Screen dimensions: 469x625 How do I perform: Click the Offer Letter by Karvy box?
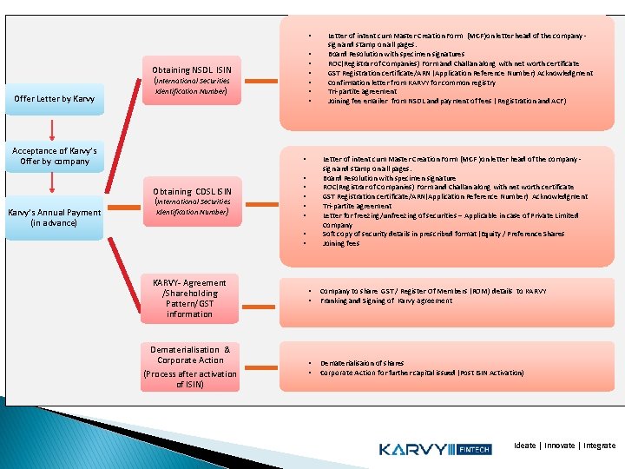pyautogui.click(x=55, y=98)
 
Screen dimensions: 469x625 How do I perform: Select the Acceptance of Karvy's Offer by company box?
pyautogui.click(x=54, y=156)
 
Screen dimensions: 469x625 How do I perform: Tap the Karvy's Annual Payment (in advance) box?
pyautogui.click(x=54, y=217)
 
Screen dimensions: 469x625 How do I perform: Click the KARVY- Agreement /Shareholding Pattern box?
pyautogui.click(x=189, y=298)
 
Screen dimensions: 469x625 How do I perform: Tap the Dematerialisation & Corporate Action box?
pyautogui.click(x=189, y=367)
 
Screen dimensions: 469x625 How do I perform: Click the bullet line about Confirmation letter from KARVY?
pyautogui.click(x=411, y=83)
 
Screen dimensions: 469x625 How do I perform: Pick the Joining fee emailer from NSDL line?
pyautogui.click(x=446, y=101)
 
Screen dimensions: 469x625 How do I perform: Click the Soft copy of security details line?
pyautogui.click(x=443, y=234)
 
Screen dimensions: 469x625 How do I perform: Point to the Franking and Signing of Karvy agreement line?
pyautogui.click(x=385, y=301)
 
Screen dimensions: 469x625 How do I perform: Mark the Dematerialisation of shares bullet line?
pyautogui.click(x=361, y=363)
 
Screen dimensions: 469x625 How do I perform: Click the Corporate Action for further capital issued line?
pyautogui.click(x=421, y=373)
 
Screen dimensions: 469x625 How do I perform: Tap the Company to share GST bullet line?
pyautogui.click(x=432, y=291)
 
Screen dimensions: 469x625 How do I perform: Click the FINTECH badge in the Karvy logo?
pyautogui.click(x=477, y=449)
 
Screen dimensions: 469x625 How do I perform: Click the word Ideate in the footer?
pyautogui.click(x=525, y=446)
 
